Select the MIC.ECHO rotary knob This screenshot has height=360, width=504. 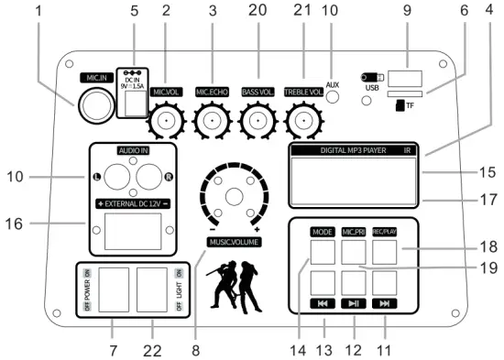click(x=213, y=119)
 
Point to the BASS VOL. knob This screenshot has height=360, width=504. click(x=257, y=119)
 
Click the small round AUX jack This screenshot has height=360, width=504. click(x=335, y=97)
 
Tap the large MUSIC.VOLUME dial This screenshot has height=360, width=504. click(x=234, y=196)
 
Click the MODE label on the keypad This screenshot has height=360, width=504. click(x=323, y=232)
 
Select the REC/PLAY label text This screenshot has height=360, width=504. click(x=384, y=232)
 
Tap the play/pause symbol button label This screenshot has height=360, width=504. click(x=354, y=303)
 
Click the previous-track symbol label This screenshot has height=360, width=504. click(x=323, y=303)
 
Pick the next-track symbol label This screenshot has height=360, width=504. click(x=384, y=303)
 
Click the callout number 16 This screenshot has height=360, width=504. click(x=34, y=223)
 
